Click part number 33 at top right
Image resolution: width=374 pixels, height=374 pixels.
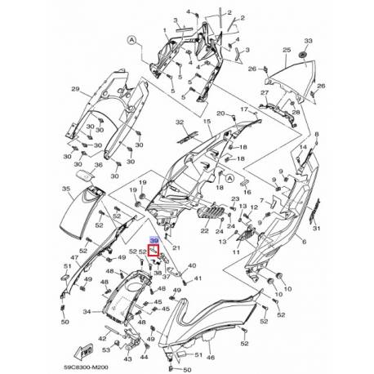[x=308, y=40]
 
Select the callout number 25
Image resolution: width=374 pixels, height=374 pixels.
[x=287, y=51]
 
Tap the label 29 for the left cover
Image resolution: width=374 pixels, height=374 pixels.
[x=75, y=88]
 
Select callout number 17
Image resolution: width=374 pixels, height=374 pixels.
[x=242, y=109]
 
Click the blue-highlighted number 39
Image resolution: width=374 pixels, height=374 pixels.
[x=153, y=241]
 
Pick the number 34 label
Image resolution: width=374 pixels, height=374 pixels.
[x=87, y=311]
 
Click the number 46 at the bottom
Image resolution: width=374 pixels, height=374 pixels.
[x=209, y=357]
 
